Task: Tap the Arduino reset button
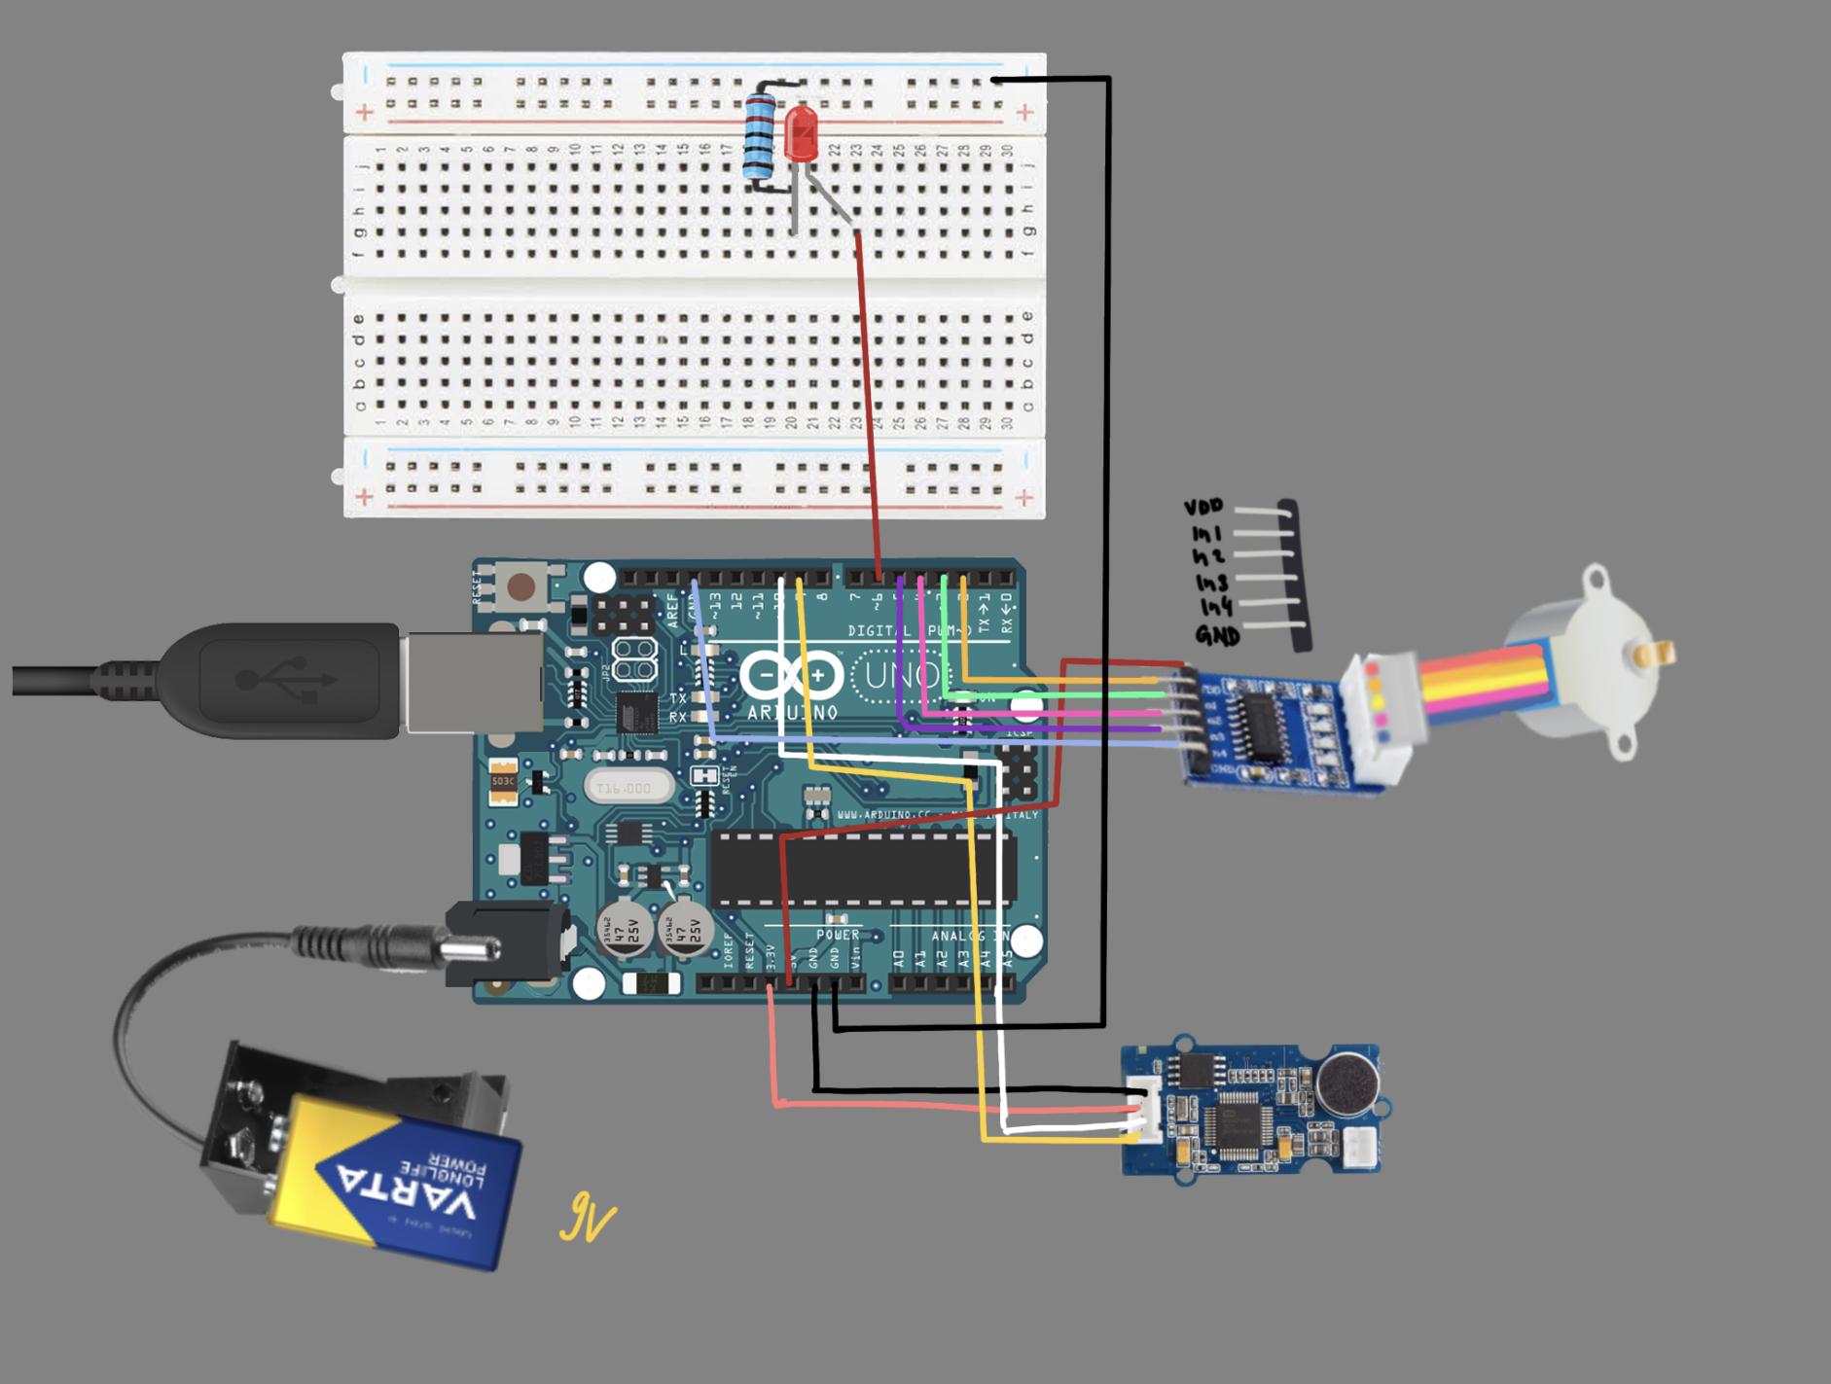tap(522, 586)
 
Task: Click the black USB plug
tap(292, 680)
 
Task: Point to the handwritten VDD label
tap(1204, 508)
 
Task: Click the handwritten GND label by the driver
tap(1217, 636)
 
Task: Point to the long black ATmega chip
tap(862, 868)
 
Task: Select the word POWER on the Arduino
tap(837, 935)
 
